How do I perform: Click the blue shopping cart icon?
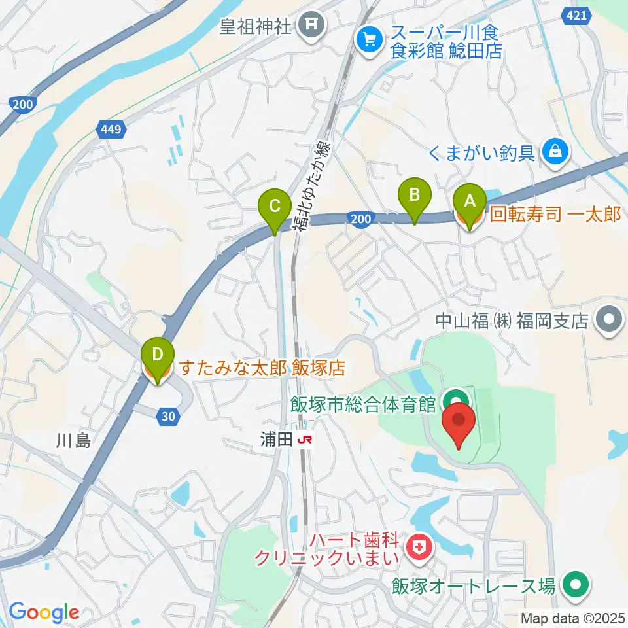point(369,40)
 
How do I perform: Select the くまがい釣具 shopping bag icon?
point(555,152)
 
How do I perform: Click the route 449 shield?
point(110,130)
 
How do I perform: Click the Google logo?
point(44,612)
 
